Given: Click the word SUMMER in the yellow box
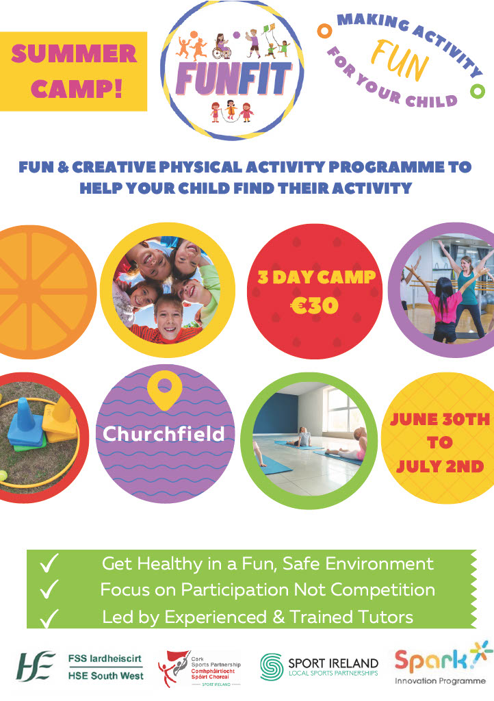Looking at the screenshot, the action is [74, 53].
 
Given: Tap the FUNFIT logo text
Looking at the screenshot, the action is [233, 78].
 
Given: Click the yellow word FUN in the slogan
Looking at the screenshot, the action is [400, 61].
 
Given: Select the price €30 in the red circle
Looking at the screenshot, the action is [315, 306].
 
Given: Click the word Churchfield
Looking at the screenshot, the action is [164, 433].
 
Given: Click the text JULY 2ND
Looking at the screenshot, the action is [440, 466].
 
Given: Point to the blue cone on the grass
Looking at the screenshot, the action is [26, 424].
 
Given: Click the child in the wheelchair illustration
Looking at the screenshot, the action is [222, 46].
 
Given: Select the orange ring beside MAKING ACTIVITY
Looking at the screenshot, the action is [324, 31].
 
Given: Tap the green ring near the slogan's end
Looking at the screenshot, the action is [478, 91].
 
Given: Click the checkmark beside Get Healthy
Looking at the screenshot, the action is [49, 563].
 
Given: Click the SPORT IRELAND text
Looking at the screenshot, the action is [333, 663].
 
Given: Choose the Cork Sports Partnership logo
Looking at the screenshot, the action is [200, 669].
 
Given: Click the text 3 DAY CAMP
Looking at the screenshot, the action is [317, 277].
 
